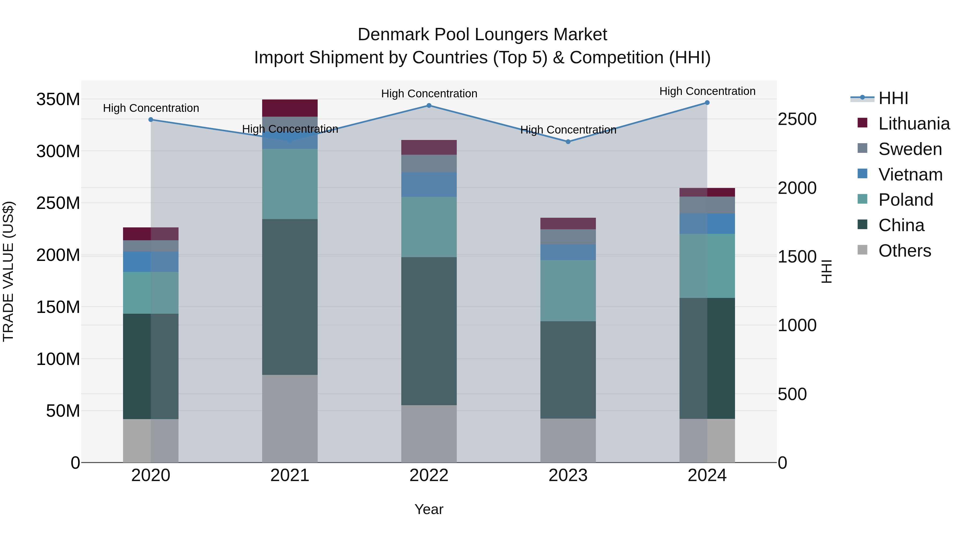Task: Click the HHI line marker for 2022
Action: (x=429, y=106)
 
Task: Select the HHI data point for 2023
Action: (x=568, y=142)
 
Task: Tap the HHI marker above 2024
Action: (x=707, y=103)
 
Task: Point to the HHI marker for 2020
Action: (x=151, y=120)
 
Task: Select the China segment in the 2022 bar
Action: (x=429, y=331)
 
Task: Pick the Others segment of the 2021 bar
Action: (x=289, y=419)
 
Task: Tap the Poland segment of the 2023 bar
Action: (x=568, y=290)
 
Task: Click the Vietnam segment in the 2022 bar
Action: (x=429, y=184)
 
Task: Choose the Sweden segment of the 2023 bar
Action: (x=568, y=237)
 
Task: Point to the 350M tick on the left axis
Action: (x=58, y=100)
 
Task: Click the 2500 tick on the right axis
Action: (x=797, y=119)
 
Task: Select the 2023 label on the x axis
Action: (x=568, y=475)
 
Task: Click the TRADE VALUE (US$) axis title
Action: (x=9, y=271)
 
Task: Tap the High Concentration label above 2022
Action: (x=429, y=94)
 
